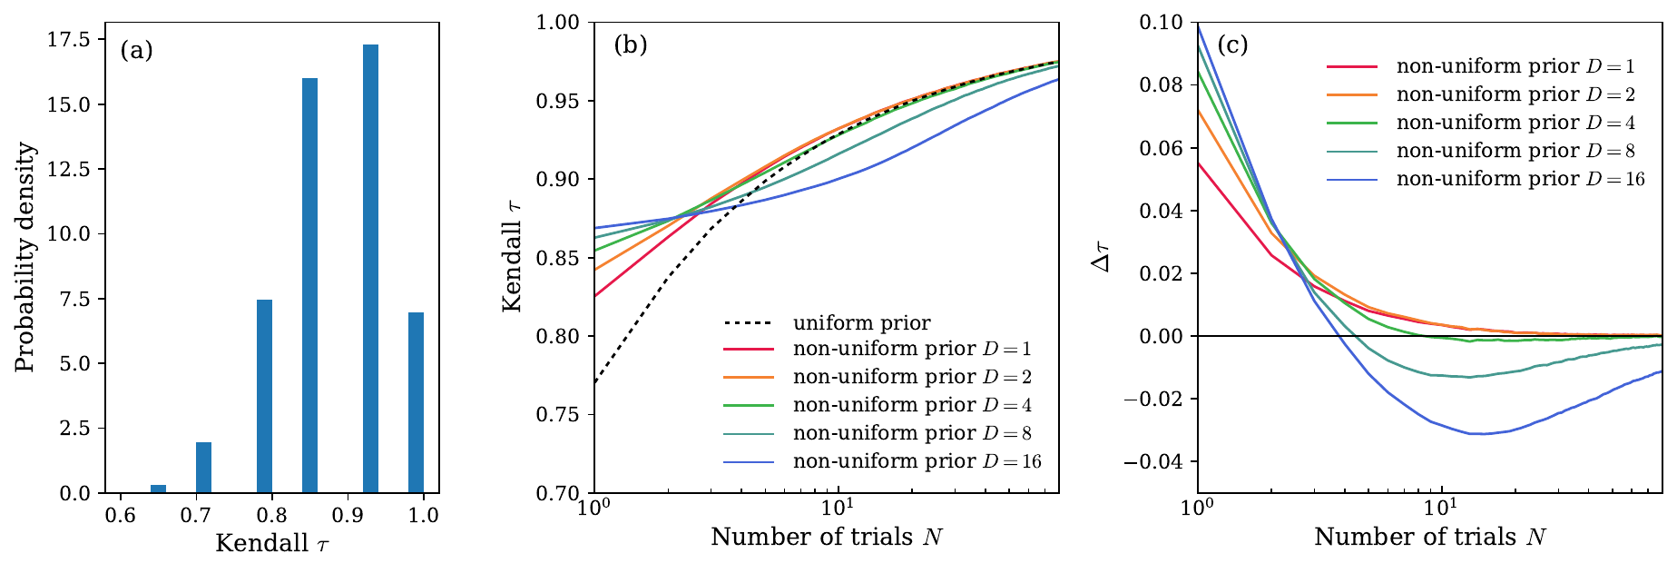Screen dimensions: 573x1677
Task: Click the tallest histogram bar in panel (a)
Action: [370, 269]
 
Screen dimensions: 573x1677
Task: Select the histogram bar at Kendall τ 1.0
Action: [416, 403]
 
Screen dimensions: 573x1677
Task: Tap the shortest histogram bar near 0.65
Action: [158, 489]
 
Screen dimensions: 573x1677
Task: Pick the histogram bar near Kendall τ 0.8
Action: [264, 396]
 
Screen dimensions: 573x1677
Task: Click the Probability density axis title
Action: [25, 257]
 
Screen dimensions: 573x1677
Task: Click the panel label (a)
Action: [136, 50]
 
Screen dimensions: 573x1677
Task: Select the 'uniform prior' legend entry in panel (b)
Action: [860, 323]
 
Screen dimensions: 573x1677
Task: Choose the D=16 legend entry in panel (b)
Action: [917, 462]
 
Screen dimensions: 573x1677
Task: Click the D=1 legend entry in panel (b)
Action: [911, 350]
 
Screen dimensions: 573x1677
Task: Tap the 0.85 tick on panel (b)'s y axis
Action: [561, 259]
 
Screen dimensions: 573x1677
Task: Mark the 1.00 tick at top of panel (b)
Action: [561, 22]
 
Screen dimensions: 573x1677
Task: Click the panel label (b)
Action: [630, 44]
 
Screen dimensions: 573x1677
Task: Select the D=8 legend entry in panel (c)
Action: [1515, 151]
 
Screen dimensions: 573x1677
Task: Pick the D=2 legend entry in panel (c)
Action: [1515, 94]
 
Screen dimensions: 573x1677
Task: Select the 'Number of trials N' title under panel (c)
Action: [1429, 538]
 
